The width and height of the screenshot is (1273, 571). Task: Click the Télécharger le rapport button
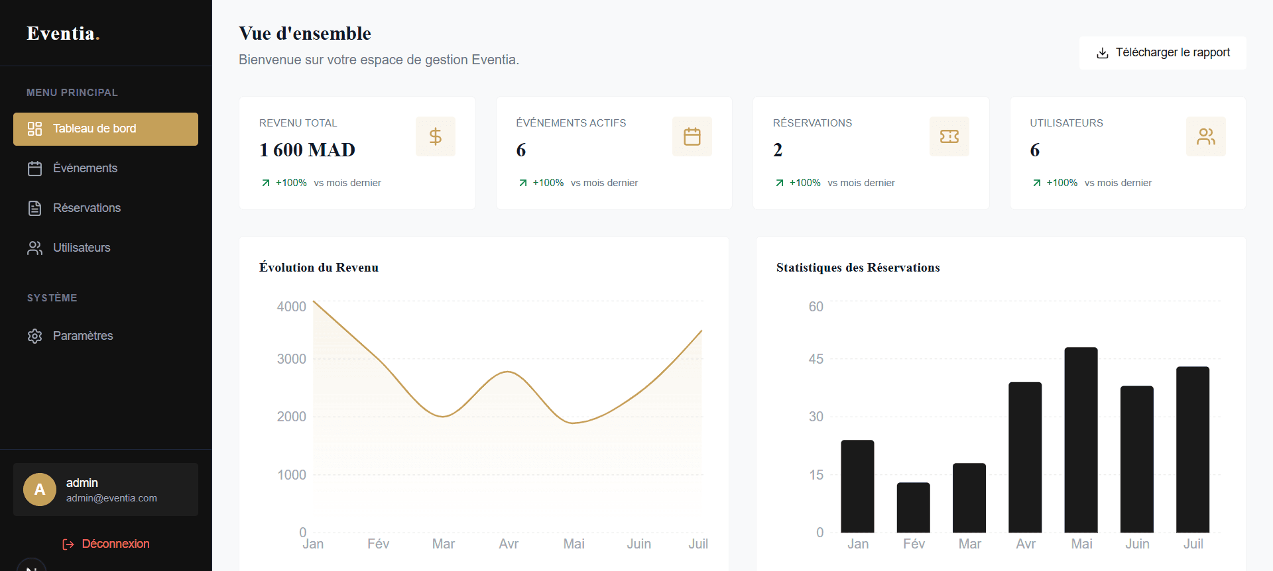[1162, 53]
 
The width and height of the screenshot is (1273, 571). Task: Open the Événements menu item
[105, 168]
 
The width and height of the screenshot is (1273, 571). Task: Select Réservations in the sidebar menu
[105, 208]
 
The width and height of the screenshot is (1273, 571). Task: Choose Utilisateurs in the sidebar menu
[105, 248]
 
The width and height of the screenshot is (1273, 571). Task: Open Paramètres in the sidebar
[105, 336]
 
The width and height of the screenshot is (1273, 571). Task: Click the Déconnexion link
[106, 544]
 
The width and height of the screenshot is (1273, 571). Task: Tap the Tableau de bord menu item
[105, 129]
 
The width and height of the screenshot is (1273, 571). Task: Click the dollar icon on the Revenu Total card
[436, 136]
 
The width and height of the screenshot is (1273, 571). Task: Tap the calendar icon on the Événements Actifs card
[692, 136]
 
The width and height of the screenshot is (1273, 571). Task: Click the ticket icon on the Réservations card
[949, 136]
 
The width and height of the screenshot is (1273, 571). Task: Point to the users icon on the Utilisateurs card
[1206, 136]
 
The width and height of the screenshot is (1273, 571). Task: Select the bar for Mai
[1081, 440]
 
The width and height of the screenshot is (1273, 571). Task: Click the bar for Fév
[914, 507]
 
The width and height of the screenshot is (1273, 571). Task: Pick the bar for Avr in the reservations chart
[1025, 457]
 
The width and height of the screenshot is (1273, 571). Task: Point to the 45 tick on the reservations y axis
[816, 359]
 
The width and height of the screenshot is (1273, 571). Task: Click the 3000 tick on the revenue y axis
[292, 359]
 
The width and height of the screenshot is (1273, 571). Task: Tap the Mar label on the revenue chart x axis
[444, 544]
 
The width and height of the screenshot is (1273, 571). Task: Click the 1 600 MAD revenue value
[308, 150]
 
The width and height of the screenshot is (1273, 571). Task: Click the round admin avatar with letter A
[40, 490]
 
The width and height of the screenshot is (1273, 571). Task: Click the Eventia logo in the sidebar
[63, 33]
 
